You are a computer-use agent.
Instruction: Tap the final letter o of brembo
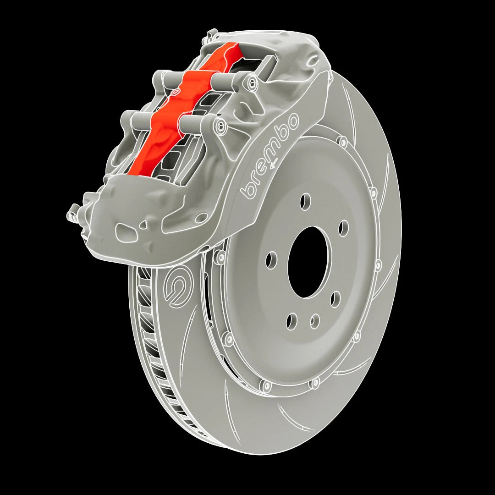tap(292, 120)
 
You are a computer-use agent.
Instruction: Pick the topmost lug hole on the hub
tap(305, 201)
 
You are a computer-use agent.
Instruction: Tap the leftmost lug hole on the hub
tap(271, 260)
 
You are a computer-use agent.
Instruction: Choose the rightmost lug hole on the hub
tap(343, 228)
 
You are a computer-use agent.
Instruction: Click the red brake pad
tap(183, 110)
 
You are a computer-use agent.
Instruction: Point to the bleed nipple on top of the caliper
tap(212, 34)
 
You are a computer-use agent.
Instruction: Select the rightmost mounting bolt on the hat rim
tap(378, 265)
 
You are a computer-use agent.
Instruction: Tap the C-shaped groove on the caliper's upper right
tap(313, 60)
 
